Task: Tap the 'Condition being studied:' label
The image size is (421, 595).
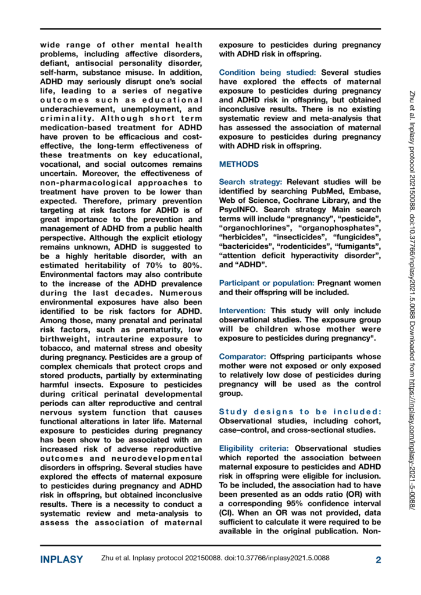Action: click(x=268, y=73)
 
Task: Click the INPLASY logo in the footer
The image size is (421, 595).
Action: click(x=61, y=560)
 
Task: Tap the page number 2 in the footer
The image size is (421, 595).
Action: click(x=378, y=560)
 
